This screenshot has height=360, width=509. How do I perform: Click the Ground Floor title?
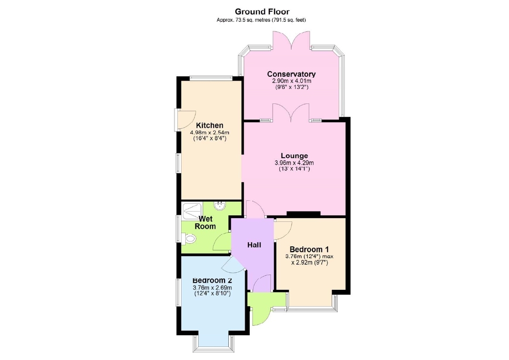click(262, 12)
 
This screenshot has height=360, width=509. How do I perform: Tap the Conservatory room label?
click(291, 74)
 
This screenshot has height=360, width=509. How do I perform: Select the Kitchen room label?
click(210, 125)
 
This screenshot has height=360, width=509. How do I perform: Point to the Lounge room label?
click(294, 155)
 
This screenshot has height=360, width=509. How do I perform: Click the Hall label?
click(254, 245)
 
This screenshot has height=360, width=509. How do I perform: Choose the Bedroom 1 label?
click(309, 249)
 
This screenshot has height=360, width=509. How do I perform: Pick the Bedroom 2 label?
click(212, 280)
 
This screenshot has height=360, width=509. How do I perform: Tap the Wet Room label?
click(205, 222)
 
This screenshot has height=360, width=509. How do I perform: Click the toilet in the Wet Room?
click(189, 240)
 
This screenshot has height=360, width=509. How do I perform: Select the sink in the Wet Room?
click(220, 206)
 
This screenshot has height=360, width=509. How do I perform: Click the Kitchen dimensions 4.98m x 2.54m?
click(210, 132)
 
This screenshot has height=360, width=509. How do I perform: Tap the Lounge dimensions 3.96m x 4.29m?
click(294, 163)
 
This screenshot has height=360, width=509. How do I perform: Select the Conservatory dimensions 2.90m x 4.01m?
click(291, 81)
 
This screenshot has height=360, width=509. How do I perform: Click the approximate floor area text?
click(262, 20)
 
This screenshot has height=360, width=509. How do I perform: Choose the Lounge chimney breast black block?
click(304, 214)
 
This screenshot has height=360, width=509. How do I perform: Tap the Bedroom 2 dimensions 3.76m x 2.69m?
click(212, 287)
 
